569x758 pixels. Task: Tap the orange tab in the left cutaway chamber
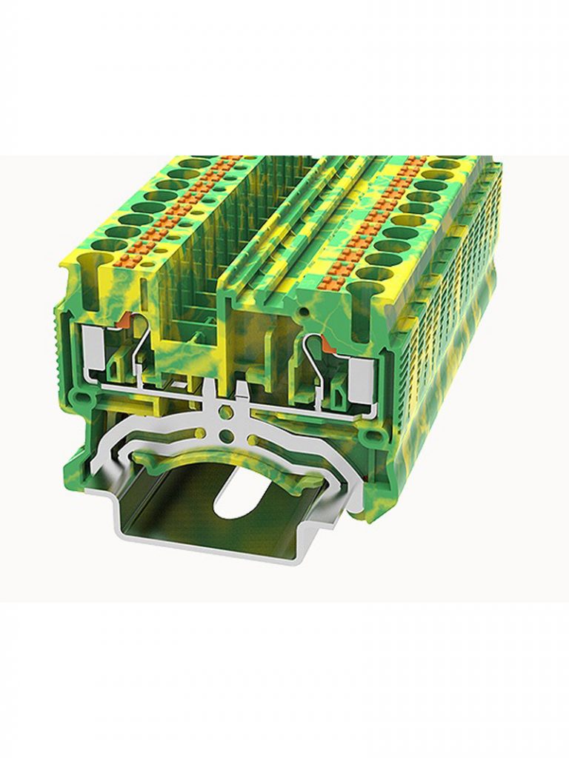point(127,320)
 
